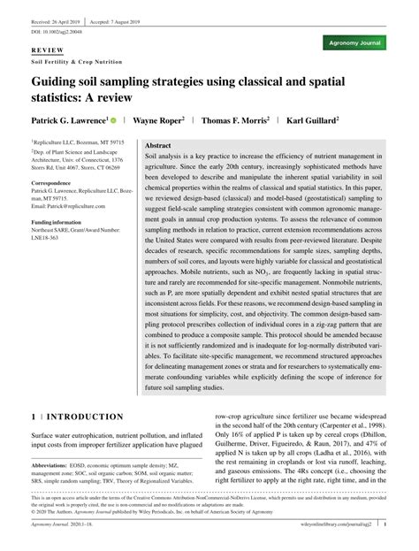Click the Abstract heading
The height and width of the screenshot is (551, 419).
coord(157,144)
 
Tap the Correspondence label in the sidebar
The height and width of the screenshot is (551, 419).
coord(57,184)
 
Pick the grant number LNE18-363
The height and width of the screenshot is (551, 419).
coord(52,237)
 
